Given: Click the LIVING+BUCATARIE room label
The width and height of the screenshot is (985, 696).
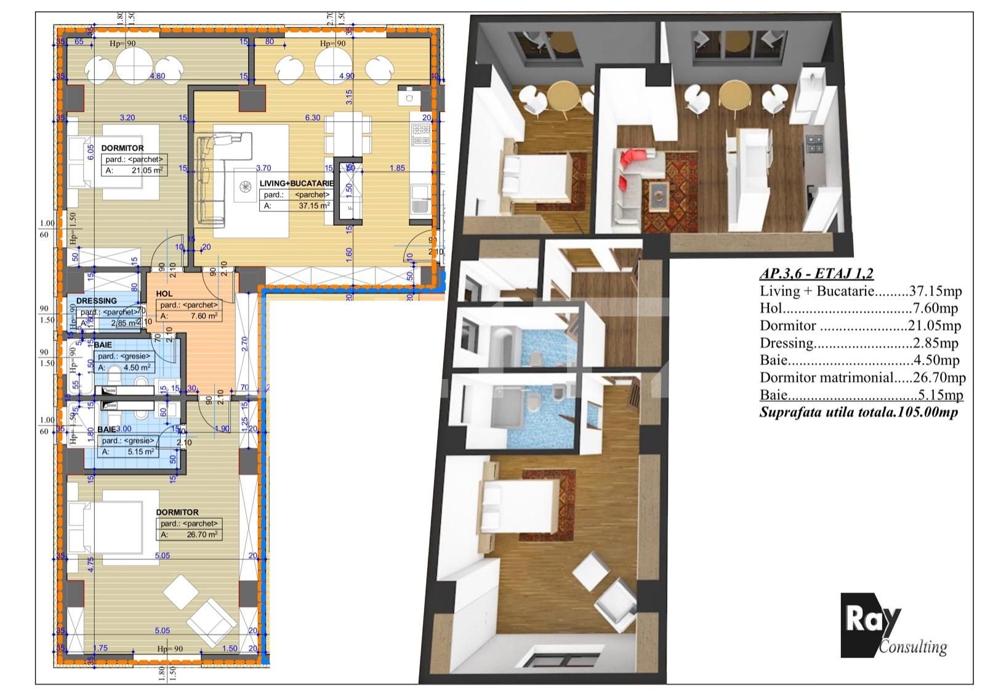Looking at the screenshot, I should (296, 183).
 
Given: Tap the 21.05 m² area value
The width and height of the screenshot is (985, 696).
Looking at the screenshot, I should (147, 170).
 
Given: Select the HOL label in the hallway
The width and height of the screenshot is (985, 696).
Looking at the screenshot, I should (164, 294).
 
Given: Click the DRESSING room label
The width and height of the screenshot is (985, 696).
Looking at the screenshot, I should (97, 301).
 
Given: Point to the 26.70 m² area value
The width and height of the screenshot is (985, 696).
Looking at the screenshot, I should (201, 535).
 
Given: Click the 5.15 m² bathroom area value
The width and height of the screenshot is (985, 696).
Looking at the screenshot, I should (139, 452).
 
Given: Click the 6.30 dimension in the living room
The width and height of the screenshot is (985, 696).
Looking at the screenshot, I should (313, 118).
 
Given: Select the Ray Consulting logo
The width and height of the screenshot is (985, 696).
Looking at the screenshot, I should (893, 625).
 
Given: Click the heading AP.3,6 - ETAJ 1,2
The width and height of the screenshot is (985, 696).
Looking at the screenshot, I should (816, 274).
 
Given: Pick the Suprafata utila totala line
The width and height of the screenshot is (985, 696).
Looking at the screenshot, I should (858, 412).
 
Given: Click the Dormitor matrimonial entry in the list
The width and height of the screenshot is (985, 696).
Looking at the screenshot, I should (862, 377).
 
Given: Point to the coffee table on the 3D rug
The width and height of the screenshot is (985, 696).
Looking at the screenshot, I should (659, 195).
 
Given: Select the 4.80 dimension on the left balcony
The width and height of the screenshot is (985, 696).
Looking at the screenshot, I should (158, 76).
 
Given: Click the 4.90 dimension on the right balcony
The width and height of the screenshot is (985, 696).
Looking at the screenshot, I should (347, 76).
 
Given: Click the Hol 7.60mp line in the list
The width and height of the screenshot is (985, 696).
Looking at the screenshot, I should (858, 308).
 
